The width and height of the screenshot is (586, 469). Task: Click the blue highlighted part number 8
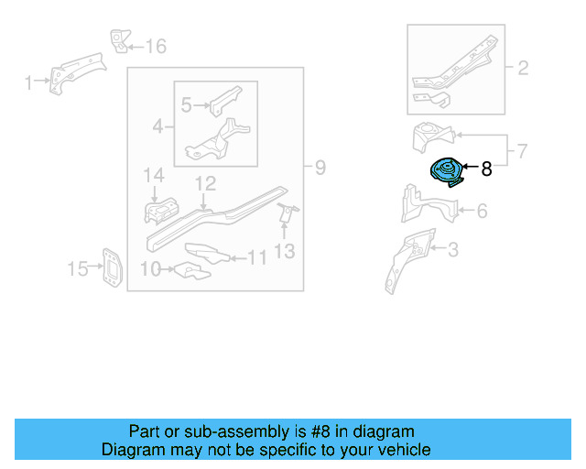pos(447,173)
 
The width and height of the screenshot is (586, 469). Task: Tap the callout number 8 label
pos(486,169)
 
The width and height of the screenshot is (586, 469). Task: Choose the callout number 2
pos(523,68)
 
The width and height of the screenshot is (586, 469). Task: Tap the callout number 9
pos(320,168)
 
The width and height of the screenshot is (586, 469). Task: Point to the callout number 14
pos(152,175)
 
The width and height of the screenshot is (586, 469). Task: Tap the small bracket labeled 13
pos(286,214)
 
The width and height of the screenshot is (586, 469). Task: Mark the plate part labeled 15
pos(109,267)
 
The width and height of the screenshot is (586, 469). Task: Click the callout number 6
pos(481,212)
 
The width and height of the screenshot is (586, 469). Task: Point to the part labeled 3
pos(402,260)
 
